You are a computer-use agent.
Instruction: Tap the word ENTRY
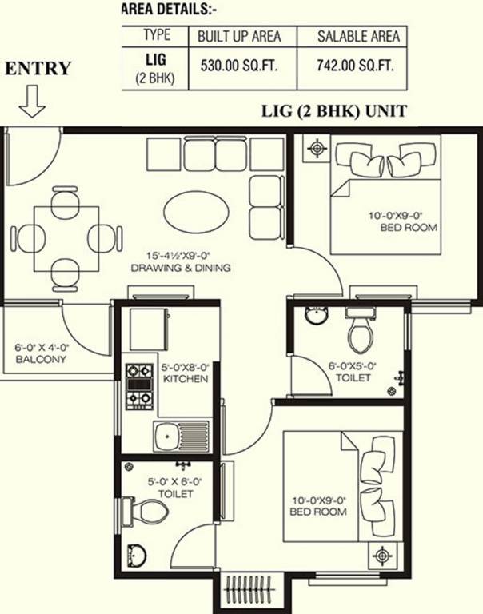click(x=38, y=69)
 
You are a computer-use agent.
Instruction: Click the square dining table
click(x=66, y=237)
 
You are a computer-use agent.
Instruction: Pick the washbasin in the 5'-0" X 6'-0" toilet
click(x=137, y=552)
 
